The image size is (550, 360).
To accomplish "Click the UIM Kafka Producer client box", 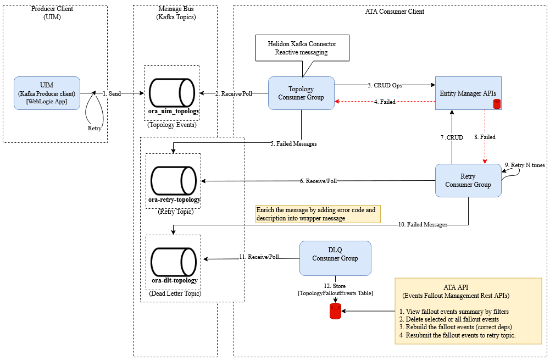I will click(47, 93).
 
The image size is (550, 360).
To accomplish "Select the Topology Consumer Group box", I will click(301, 93).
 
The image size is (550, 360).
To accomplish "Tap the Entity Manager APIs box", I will click(469, 93).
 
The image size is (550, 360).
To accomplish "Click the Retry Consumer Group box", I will click(468, 180).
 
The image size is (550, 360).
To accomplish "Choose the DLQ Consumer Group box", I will click(335, 258).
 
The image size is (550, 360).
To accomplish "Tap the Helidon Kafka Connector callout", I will click(302, 48).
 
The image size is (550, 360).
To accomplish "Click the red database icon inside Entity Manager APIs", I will click(497, 104).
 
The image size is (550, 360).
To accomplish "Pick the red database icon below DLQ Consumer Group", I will click(335, 312).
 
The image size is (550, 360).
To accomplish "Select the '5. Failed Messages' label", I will click(293, 144).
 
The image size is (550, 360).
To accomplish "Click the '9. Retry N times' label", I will click(525, 164).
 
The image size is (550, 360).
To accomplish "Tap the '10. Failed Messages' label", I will click(424, 224).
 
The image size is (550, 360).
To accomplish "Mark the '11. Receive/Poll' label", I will click(259, 257).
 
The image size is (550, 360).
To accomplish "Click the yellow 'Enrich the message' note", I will click(318, 214).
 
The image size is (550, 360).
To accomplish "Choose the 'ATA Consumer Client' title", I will click(395, 12).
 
